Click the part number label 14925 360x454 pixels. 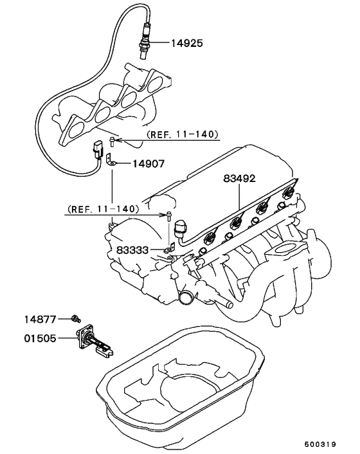click(187, 44)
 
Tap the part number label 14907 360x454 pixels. click(148, 164)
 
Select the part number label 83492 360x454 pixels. click(240, 178)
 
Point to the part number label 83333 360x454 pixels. click(132, 250)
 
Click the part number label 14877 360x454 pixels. click(40, 320)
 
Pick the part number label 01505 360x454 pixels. click(40, 338)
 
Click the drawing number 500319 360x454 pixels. click(320, 444)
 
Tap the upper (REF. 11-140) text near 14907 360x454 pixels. click(182, 134)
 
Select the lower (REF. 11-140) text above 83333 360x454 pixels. click(102, 209)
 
